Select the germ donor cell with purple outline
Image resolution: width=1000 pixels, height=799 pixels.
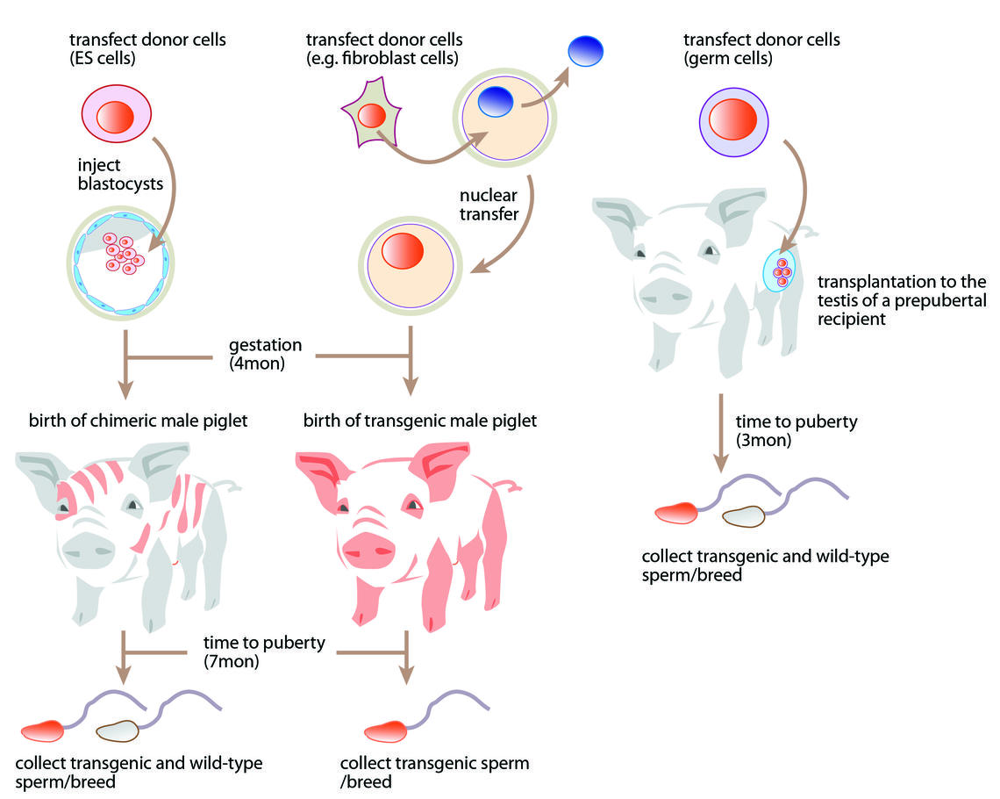pyautogui.click(x=731, y=119)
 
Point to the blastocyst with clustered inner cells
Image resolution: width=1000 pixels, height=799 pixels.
pyautogui.click(x=121, y=259)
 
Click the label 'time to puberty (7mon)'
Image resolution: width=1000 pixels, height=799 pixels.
pyautogui.click(x=263, y=651)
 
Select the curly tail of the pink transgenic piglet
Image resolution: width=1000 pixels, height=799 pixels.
pyautogui.click(x=511, y=485)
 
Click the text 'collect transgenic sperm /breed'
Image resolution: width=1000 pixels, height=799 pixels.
pyautogui.click(x=433, y=773)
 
